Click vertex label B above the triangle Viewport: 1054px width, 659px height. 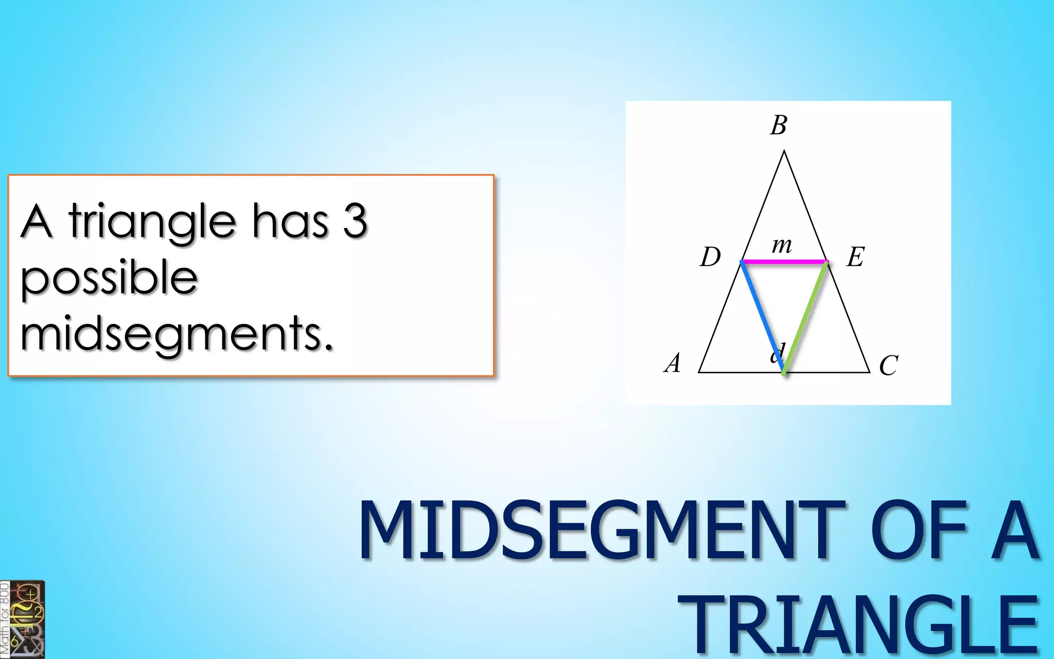pos(779,125)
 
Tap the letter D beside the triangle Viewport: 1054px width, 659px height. pos(710,256)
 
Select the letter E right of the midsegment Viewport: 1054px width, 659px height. pos(855,256)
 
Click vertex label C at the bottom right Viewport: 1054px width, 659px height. pos(888,366)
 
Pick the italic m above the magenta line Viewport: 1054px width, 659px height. pos(782,245)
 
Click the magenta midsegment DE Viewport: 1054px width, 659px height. pos(784,262)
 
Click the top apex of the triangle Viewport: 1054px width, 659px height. pos(784,151)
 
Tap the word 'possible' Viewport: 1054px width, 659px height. pos(109,278)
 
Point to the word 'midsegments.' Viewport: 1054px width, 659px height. pos(177,334)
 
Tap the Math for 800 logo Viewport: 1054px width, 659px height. pos(22,619)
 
